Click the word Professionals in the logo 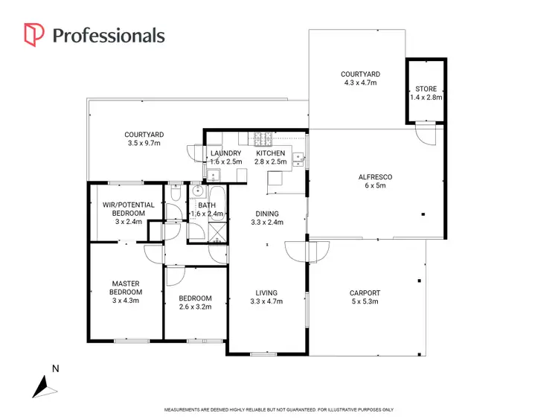tap(109, 35)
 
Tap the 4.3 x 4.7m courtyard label tap(360, 79)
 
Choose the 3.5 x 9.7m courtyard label tap(144, 139)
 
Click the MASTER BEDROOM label tap(126, 288)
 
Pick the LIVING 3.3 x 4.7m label tap(266, 298)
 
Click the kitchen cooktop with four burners tap(262, 138)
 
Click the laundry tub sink tap(212, 176)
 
